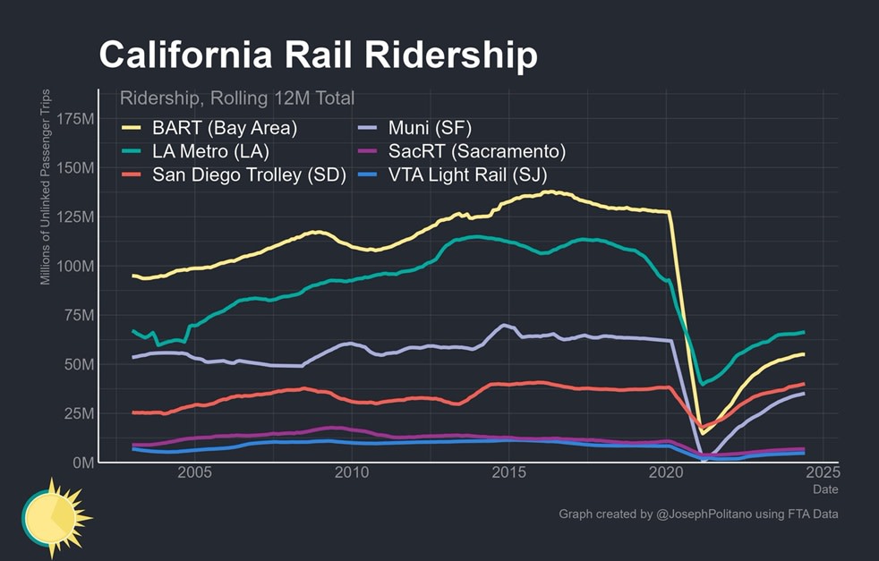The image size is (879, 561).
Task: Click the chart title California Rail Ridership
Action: [318, 55]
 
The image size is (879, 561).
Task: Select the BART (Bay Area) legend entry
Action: [224, 128]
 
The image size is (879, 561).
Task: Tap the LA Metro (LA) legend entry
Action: [210, 151]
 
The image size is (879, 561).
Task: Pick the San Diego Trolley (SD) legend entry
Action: [249, 174]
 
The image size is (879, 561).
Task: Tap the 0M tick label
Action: [80, 463]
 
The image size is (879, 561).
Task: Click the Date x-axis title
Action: [825, 489]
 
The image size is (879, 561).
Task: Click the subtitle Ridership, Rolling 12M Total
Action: [236, 98]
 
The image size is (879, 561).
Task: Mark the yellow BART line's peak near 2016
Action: [550, 191]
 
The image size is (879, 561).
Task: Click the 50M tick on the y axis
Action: [77, 364]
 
